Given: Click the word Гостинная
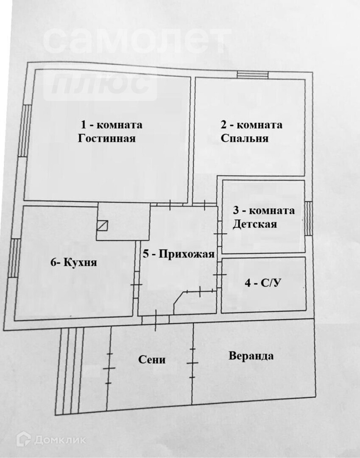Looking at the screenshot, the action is (x=106, y=138).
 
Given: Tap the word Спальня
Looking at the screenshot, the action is (x=245, y=138).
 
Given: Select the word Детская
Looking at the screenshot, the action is (x=254, y=224).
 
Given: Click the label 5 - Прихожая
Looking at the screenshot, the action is (x=179, y=254).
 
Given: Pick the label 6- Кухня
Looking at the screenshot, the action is (x=73, y=262).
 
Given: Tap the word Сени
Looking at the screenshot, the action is (x=152, y=360).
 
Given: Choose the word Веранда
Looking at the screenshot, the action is (x=251, y=356).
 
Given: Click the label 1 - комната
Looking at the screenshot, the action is (x=112, y=125).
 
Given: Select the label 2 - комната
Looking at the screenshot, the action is (x=251, y=125).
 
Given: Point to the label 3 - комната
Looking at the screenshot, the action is (x=263, y=210).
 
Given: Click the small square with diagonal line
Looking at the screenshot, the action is (x=102, y=225).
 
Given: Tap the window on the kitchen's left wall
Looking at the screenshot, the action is (x=14, y=258).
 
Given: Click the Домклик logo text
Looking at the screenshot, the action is (x=60, y=440).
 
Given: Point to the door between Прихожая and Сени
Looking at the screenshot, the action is (x=156, y=319).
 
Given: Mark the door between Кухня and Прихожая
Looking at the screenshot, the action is (x=137, y=285).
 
